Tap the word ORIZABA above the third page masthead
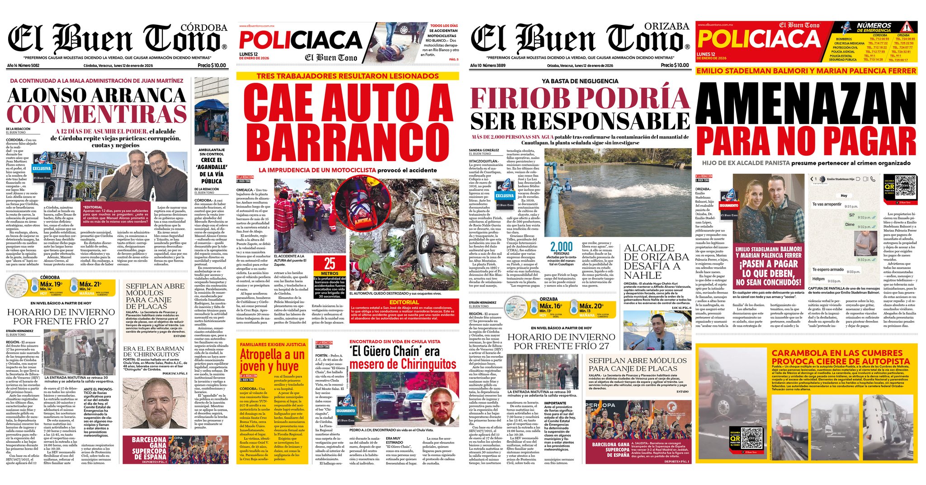point(666,26)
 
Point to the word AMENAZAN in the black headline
point(807,104)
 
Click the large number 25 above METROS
point(330,263)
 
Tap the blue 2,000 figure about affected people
point(561,247)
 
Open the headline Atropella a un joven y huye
point(272,360)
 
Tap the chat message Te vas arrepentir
point(827,204)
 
